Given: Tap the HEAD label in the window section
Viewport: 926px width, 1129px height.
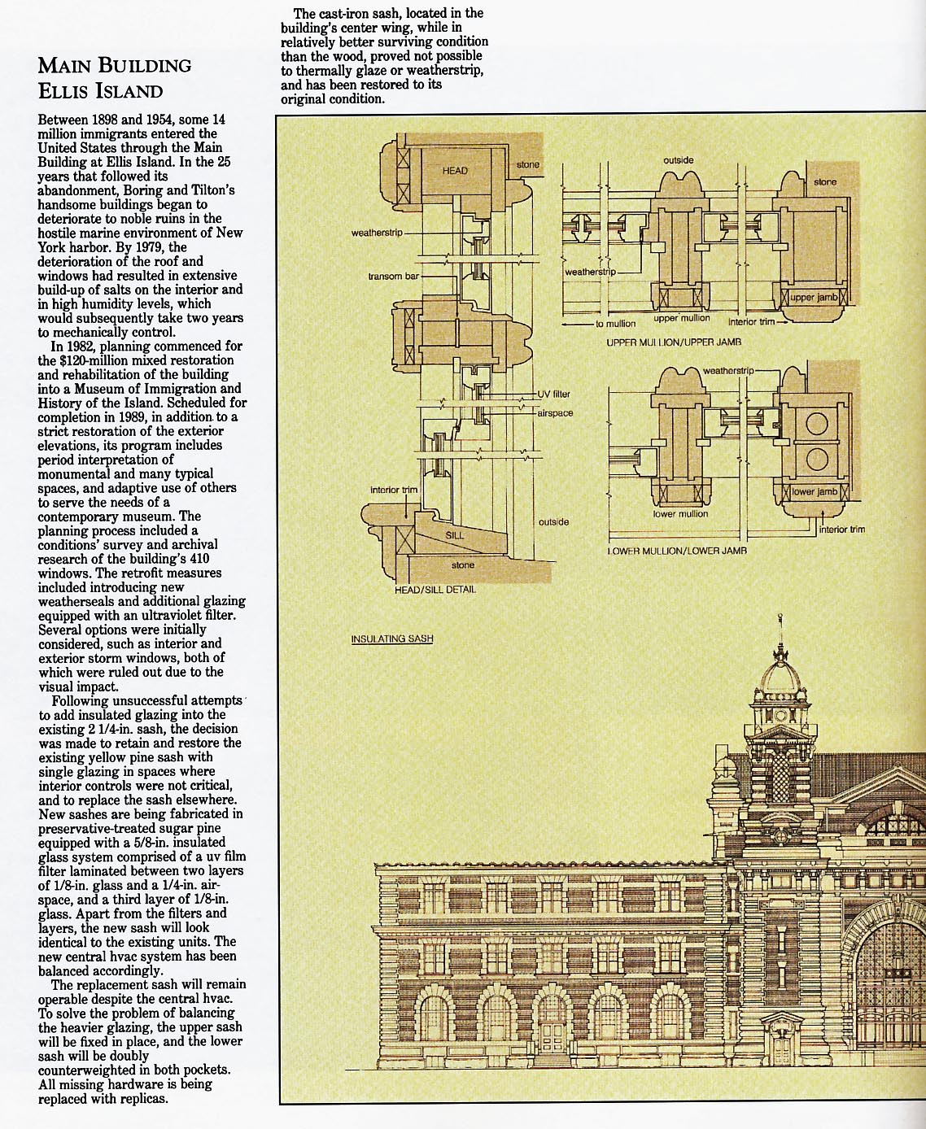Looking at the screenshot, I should [455, 171].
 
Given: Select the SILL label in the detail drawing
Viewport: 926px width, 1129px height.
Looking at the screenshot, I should [455, 535].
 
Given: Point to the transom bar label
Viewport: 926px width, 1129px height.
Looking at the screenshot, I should [394, 277].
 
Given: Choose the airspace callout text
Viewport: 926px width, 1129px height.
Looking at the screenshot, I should [555, 413].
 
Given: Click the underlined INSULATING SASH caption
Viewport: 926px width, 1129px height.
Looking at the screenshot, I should [392, 639].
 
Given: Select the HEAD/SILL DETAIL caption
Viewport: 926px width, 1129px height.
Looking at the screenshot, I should [435, 589].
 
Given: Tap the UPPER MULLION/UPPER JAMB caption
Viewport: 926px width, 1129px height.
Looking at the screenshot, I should [674, 342].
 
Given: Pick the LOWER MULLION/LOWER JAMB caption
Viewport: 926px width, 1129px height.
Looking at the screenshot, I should [677, 551].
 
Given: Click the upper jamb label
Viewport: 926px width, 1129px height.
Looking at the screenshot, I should [814, 298].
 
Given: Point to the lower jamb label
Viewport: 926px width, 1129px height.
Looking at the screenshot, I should [815, 492].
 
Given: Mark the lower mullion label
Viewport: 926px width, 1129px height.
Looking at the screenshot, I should [680, 514].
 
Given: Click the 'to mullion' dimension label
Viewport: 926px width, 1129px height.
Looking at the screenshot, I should [615, 324].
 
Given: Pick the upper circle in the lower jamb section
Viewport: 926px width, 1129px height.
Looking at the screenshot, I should [816, 424].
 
